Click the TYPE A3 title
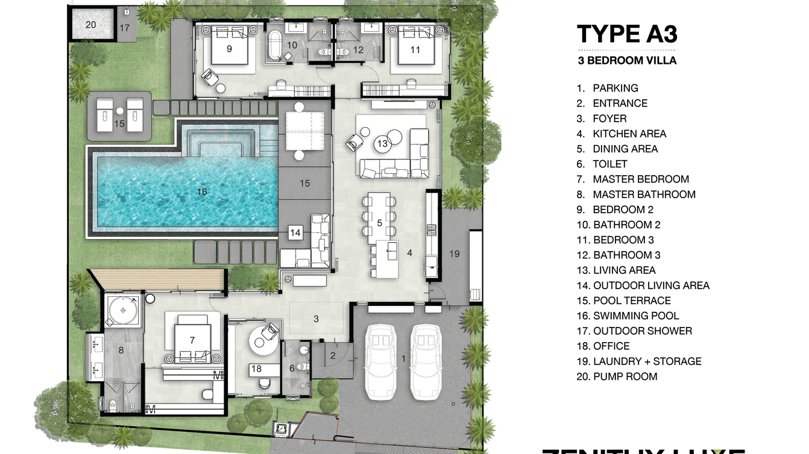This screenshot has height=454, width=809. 627,34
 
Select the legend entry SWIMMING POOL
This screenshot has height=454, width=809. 636,316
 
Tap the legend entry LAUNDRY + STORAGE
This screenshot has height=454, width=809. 647,361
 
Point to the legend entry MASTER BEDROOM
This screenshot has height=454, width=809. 640,179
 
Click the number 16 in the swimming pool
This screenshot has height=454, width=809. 201,191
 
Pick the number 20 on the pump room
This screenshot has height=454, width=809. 90,25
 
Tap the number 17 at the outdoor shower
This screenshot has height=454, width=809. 124,28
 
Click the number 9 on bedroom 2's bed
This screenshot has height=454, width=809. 229,49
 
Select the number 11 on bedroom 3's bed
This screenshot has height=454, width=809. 415,50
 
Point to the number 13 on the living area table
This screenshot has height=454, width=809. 382,144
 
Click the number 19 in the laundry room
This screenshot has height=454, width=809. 455,253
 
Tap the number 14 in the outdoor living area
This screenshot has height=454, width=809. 295,232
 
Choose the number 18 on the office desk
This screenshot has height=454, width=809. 256,368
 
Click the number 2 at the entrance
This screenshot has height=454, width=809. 332,355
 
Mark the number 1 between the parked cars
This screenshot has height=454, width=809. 404,359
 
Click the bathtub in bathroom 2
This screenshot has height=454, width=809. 275,45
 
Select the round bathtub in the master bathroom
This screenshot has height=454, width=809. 124,310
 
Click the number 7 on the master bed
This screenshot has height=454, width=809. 192,340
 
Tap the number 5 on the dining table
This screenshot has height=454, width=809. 379,223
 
